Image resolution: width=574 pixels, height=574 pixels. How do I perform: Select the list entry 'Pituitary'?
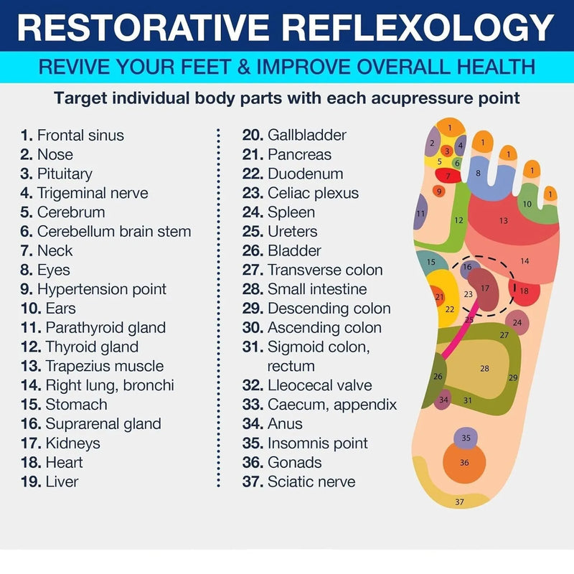(x=57, y=174)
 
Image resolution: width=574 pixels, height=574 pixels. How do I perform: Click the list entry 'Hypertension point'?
(x=93, y=289)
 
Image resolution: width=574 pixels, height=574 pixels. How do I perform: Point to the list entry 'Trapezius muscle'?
(x=93, y=366)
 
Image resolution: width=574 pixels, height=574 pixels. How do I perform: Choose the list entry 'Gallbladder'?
(x=294, y=135)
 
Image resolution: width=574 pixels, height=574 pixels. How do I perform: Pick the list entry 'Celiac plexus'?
(x=301, y=193)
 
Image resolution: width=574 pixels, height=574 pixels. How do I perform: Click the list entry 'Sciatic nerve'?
(x=298, y=481)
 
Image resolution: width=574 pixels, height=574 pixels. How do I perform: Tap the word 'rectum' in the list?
(x=291, y=367)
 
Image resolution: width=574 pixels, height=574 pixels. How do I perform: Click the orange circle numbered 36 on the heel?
(x=464, y=462)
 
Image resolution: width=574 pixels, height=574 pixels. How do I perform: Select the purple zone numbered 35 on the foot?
(x=466, y=437)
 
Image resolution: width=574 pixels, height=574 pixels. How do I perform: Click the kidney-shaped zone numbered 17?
(x=484, y=289)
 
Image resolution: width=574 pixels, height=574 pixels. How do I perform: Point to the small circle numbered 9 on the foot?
(x=439, y=191)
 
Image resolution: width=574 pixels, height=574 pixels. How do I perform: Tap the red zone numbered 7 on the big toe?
(x=448, y=175)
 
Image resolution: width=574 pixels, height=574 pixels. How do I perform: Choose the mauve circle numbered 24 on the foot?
(x=517, y=322)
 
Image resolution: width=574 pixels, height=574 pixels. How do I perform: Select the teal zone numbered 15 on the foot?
(x=431, y=262)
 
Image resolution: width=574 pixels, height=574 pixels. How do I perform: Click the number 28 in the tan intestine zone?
(x=484, y=368)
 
